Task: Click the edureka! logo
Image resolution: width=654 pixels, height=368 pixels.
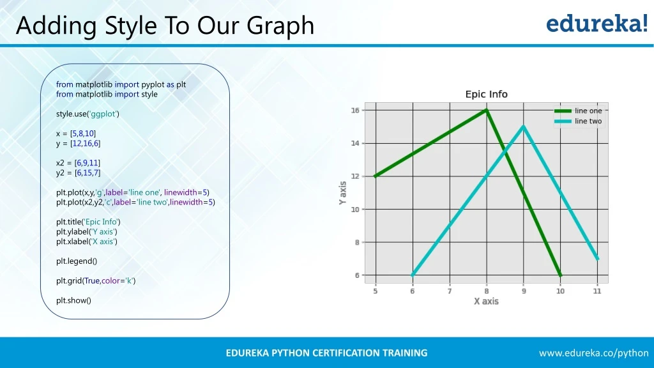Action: [597, 24]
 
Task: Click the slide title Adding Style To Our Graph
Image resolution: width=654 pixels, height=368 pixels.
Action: [165, 26]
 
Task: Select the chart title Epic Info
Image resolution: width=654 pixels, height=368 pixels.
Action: [486, 94]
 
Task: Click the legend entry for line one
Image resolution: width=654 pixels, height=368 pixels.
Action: [588, 111]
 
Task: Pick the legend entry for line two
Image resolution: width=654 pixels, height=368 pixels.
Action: [588, 121]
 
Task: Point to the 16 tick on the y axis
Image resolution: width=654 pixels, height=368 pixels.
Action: [355, 110]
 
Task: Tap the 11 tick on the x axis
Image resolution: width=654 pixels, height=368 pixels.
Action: [597, 291]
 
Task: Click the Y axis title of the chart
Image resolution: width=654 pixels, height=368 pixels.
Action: [342, 193]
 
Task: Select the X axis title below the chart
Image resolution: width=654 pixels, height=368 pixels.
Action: [486, 301]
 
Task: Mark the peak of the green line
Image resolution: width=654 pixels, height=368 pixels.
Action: [487, 110]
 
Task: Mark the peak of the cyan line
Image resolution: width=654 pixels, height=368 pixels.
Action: [524, 126]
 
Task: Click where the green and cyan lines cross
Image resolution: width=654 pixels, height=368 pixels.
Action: [505, 152]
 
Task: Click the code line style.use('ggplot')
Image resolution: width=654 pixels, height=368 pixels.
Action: [87, 114]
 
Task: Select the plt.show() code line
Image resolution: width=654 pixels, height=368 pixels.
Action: [73, 300]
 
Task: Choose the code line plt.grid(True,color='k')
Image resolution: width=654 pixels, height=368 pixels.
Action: [96, 280]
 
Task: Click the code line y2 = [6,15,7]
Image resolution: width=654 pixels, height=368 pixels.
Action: [79, 172]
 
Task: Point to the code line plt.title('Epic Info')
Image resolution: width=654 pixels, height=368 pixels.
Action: [93, 222]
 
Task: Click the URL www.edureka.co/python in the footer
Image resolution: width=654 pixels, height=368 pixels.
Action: [593, 353]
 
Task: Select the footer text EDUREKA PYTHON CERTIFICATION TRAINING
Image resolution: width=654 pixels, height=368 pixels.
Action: [326, 353]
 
